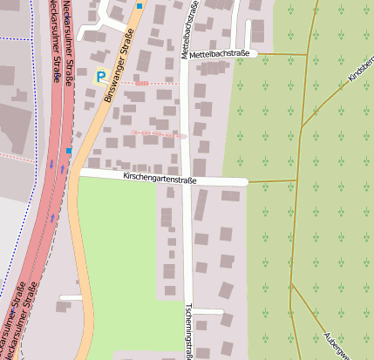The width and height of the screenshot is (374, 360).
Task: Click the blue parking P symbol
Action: (101, 77)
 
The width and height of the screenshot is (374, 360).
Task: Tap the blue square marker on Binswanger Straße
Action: (139, 6)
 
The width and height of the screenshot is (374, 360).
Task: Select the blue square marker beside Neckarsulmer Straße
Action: (69, 151)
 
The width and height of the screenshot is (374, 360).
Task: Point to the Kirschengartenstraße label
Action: (161, 180)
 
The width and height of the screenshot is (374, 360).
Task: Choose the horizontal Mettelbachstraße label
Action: (221, 54)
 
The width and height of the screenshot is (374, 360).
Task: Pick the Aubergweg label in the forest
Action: (339, 343)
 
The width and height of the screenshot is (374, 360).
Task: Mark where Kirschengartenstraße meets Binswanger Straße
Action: (79, 173)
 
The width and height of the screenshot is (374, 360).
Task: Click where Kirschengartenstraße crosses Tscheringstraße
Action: (188, 180)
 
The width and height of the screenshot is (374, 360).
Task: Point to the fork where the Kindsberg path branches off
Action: (303, 127)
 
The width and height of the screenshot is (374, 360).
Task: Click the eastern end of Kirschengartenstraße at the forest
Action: (248, 181)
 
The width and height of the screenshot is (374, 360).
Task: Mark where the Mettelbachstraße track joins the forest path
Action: (306, 55)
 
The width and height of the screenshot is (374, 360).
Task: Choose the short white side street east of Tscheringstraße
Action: (208, 311)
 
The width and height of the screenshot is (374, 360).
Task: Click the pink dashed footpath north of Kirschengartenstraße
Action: (157, 134)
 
